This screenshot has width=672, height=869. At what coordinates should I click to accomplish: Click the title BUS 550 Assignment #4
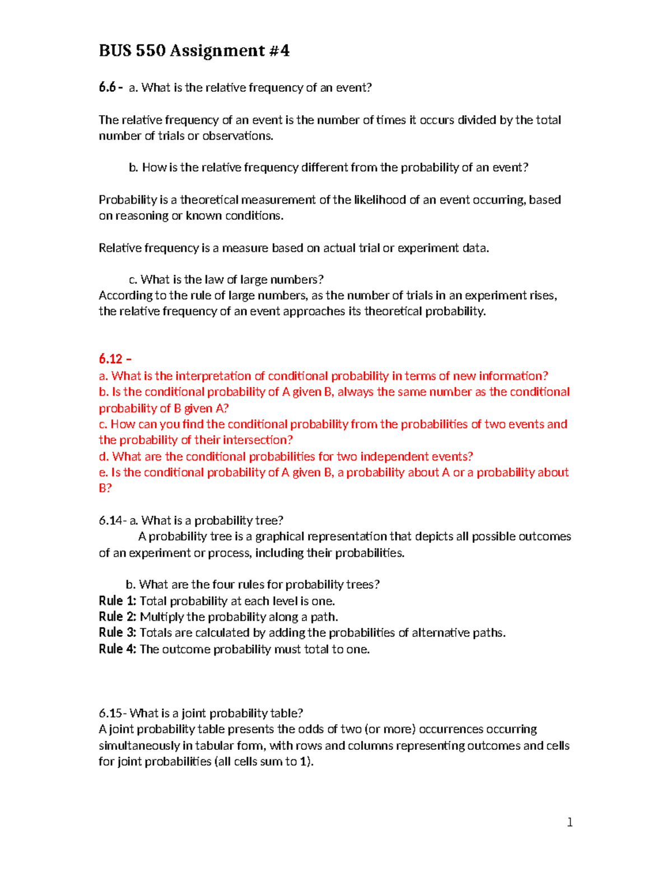tap(194, 51)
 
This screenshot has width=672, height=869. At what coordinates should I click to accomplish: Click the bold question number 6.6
tap(107, 87)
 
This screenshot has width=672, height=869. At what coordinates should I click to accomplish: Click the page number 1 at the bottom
tap(570, 822)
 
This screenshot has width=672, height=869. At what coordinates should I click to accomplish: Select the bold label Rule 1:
tap(117, 601)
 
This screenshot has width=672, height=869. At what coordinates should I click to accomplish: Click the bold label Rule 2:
tap(117, 617)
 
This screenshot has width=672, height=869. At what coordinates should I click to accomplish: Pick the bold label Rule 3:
tap(117, 633)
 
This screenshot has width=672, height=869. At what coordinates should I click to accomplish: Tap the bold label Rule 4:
tap(117, 649)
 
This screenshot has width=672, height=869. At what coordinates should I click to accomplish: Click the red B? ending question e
tap(105, 488)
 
